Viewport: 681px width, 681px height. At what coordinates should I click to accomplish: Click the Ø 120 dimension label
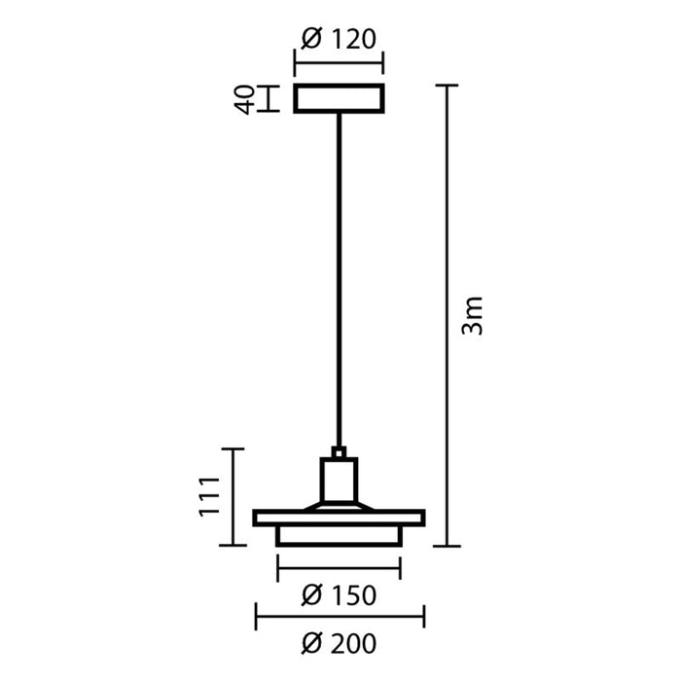point(339,39)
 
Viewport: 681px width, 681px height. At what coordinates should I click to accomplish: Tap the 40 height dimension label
point(245,99)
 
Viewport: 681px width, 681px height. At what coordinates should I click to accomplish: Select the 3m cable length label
point(472,315)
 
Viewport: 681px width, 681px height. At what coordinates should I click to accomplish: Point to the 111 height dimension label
point(210,496)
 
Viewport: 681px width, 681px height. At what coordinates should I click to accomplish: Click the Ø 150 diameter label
point(339,595)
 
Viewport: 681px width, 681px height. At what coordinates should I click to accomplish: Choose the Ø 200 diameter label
point(339,643)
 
